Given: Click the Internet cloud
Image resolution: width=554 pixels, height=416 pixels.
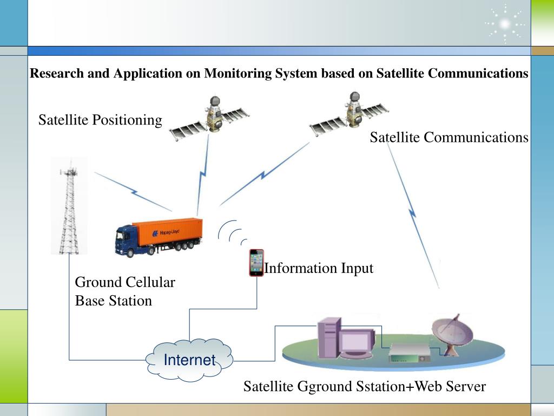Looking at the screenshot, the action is coord(189,360).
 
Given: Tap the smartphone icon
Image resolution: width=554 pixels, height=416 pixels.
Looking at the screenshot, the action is coord(256,263).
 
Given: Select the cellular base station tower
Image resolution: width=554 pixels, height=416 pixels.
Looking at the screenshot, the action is coord(69,207).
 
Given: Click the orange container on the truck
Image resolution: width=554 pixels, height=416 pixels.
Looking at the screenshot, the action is coord(168,232).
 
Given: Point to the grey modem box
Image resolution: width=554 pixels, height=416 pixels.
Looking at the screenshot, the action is coord(410,354).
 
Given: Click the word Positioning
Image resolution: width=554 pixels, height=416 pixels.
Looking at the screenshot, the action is coord(127,120).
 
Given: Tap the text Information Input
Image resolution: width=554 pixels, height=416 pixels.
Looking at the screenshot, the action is coord(319,268).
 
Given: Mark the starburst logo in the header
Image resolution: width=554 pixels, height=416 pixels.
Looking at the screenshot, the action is coord(505,24).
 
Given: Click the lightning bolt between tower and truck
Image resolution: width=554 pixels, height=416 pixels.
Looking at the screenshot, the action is coord(133,192).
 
